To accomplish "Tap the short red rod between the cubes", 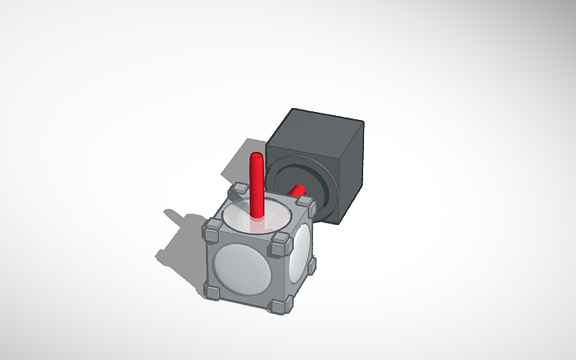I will tap(299, 191).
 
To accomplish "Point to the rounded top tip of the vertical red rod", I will tap(256, 157).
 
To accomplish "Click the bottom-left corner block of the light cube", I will tap(213, 292).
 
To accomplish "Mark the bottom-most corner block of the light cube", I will tap(276, 306).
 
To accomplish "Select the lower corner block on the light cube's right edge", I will tap(311, 265).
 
